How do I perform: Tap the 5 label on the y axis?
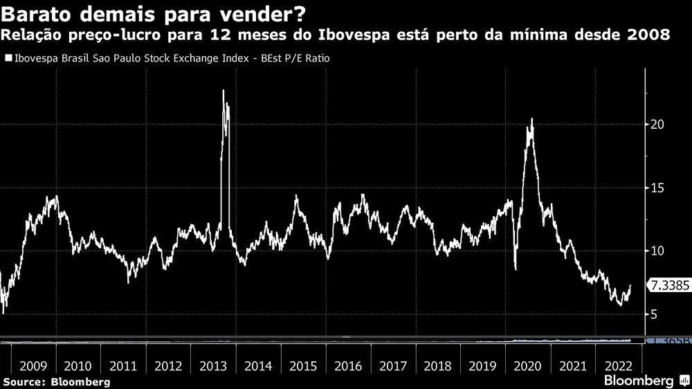[x=654, y=314]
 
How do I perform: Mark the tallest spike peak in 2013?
[x=224, y=91]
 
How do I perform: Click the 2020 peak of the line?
[x=531, y=119]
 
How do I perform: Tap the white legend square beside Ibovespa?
[x=8, y=59]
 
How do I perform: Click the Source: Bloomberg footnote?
[x=57, y=381]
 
